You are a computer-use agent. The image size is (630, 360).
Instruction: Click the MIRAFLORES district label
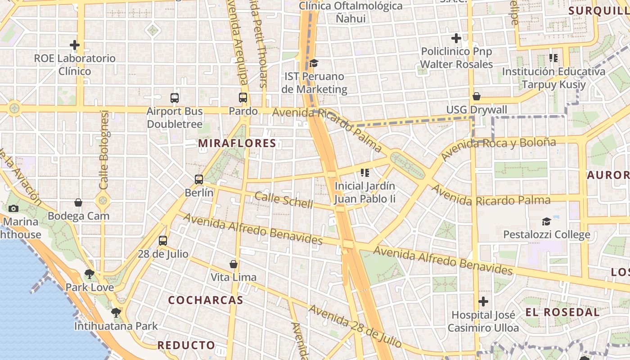click(x=237, y=144)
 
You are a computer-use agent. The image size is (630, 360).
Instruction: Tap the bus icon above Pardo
click(x=243, y=97)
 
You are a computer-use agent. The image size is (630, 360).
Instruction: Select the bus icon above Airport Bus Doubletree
click(x=175, y=98)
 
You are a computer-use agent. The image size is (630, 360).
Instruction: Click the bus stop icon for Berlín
click(x=199, y=180)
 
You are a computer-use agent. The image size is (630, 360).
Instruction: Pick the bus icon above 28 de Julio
click(x=163, y=241)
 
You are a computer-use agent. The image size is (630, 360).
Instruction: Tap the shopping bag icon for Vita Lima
click(x=234, y=264)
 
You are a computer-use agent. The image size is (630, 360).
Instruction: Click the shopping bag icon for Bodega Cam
click(x=78, y=203)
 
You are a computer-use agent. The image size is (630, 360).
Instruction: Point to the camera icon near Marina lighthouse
click(x=13, y=208)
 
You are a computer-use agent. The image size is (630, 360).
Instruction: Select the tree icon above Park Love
click(x=90, y=274)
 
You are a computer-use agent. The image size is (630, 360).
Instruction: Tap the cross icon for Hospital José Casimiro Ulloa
click(x=483, y=301)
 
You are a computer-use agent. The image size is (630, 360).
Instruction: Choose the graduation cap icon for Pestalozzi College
click(x=546, y=221)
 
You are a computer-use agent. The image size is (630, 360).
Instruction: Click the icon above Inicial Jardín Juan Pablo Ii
click(x=364, y=173)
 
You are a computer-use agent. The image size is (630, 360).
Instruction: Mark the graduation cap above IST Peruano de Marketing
click(x=314, y=63)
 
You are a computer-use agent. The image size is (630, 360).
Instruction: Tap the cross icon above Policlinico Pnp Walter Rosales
click(x=456, y=38)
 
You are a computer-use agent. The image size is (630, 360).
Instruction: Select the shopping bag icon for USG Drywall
click(x=477, y=96)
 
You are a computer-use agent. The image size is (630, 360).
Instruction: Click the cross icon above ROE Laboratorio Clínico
click(x=75, y=45)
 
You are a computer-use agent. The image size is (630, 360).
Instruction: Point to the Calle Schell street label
click(x=283, y=200)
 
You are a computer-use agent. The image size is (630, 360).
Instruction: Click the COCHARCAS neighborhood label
click(x=206, y=300)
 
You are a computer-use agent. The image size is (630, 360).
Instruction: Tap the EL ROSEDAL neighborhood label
click(x=562, y=312)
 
